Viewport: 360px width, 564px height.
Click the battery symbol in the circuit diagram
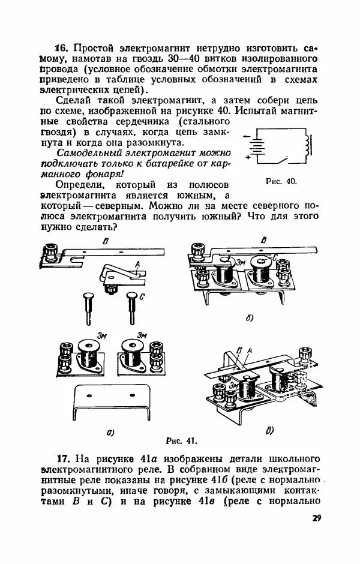[x=257, y=146]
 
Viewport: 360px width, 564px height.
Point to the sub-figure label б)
[x=250, y=319]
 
